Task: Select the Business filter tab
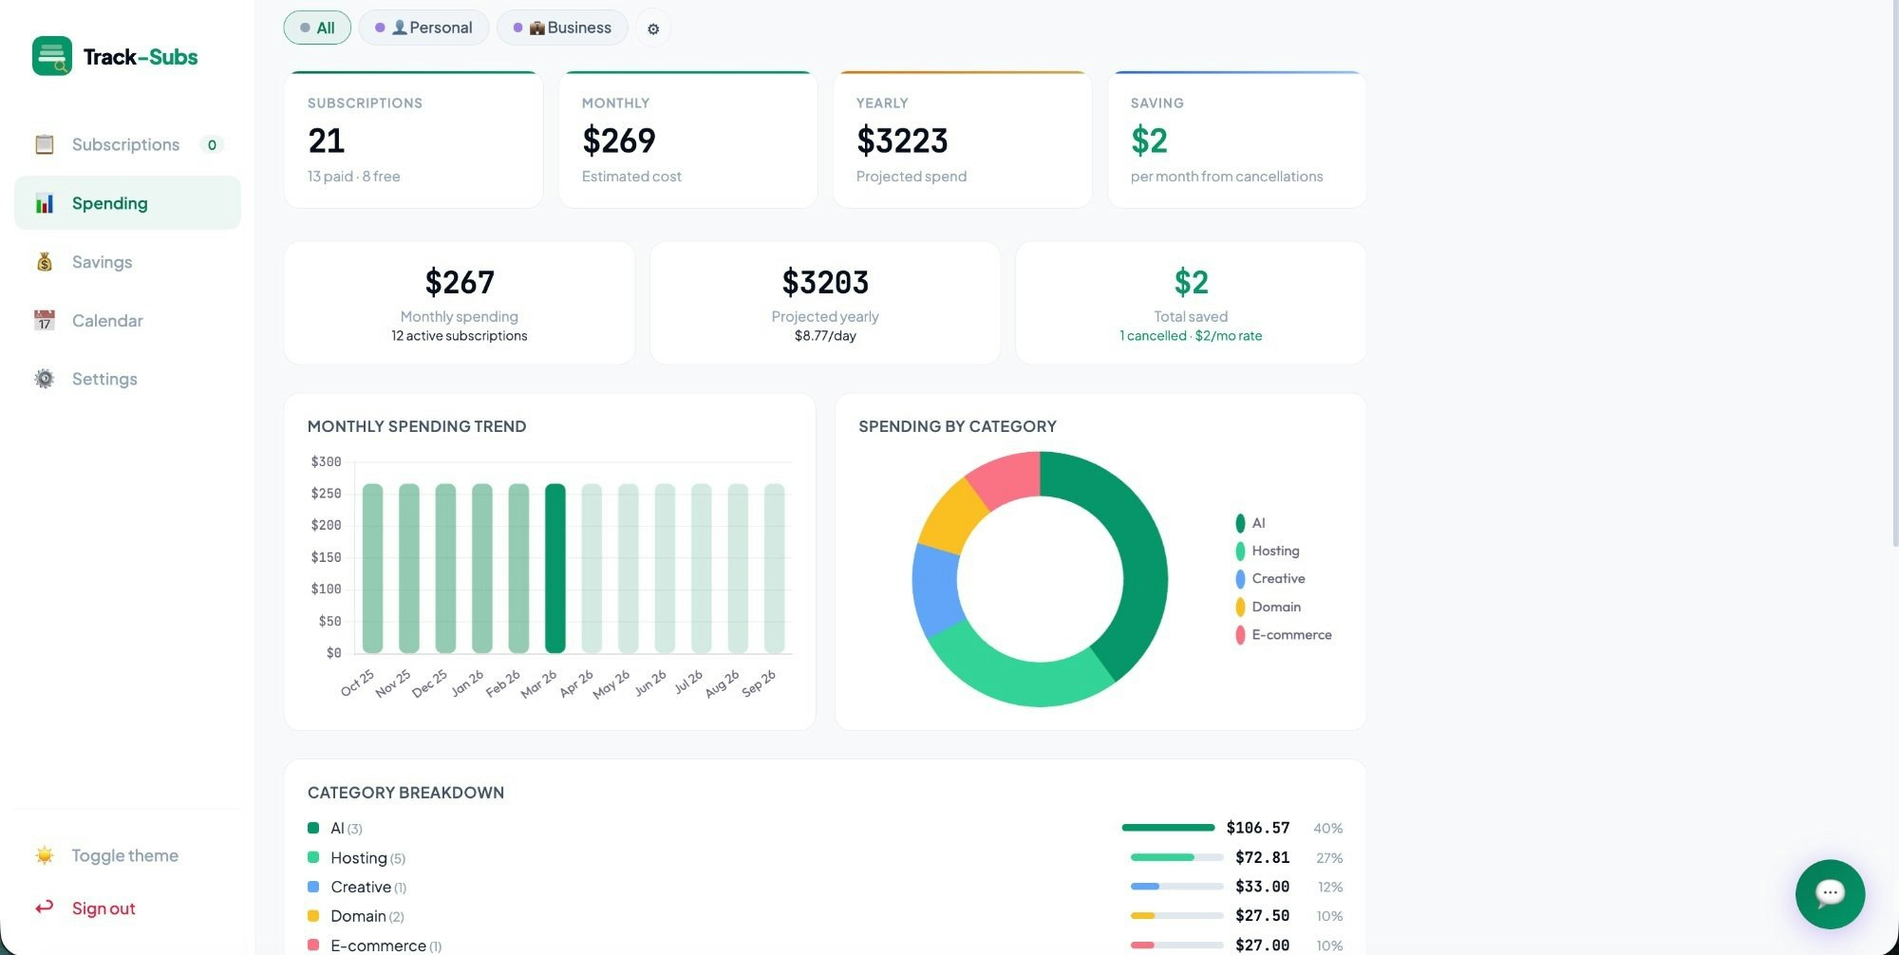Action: click(562, 28)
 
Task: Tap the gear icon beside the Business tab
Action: click(653, 28)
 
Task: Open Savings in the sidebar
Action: click(102, 262)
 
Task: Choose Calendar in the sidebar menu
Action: click(107, 321)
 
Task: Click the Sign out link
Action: click(103, 908)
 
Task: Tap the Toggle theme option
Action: click(124, 855)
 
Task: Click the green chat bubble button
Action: click(1830, 893)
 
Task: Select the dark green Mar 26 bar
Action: click(555, 568)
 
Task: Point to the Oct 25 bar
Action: click(373, 568)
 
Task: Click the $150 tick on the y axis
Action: click(326, 557)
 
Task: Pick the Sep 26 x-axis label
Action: click(759, 683)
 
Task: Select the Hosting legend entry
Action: click(1274, 551)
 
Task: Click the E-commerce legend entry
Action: click(1290, 635)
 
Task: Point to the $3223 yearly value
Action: click(902, 140)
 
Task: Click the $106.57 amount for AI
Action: click(1257, 828)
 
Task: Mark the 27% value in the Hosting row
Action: click(1329, 858)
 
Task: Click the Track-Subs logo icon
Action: click(52, 56)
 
